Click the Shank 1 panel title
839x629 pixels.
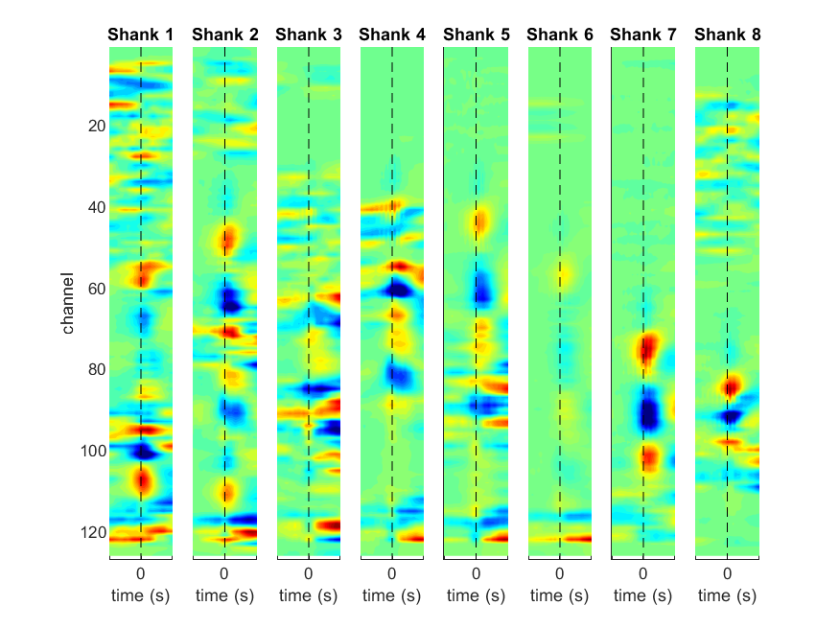tap(140, 35)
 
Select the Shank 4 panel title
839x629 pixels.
tap(391, 35)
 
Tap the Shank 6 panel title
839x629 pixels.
tap(560, 35)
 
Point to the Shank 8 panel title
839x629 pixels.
tap(727, 35)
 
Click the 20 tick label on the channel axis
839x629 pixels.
tap(97, 127)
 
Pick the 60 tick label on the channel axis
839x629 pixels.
tap(97, 289)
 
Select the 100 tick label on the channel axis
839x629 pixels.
tap(93, 452)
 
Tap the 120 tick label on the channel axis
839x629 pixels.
tap(93, 533)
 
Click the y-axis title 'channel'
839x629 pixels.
tap(67, 303)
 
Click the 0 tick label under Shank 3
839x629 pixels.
tap(308, 574)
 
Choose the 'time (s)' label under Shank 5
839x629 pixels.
tap(476, 595)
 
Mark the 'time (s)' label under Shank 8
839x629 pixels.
tap(727, 595)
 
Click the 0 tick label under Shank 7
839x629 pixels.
tap(643, 574)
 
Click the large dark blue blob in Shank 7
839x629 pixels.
tap(648, 410)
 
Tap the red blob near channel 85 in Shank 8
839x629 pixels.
tap(731, 385)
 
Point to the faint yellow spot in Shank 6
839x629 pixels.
tap(561, 274)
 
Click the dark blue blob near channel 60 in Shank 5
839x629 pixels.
tap(482, 289)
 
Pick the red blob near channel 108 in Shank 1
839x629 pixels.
tap(142, 480)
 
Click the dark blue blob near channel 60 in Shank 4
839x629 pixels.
tap(397, 290)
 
